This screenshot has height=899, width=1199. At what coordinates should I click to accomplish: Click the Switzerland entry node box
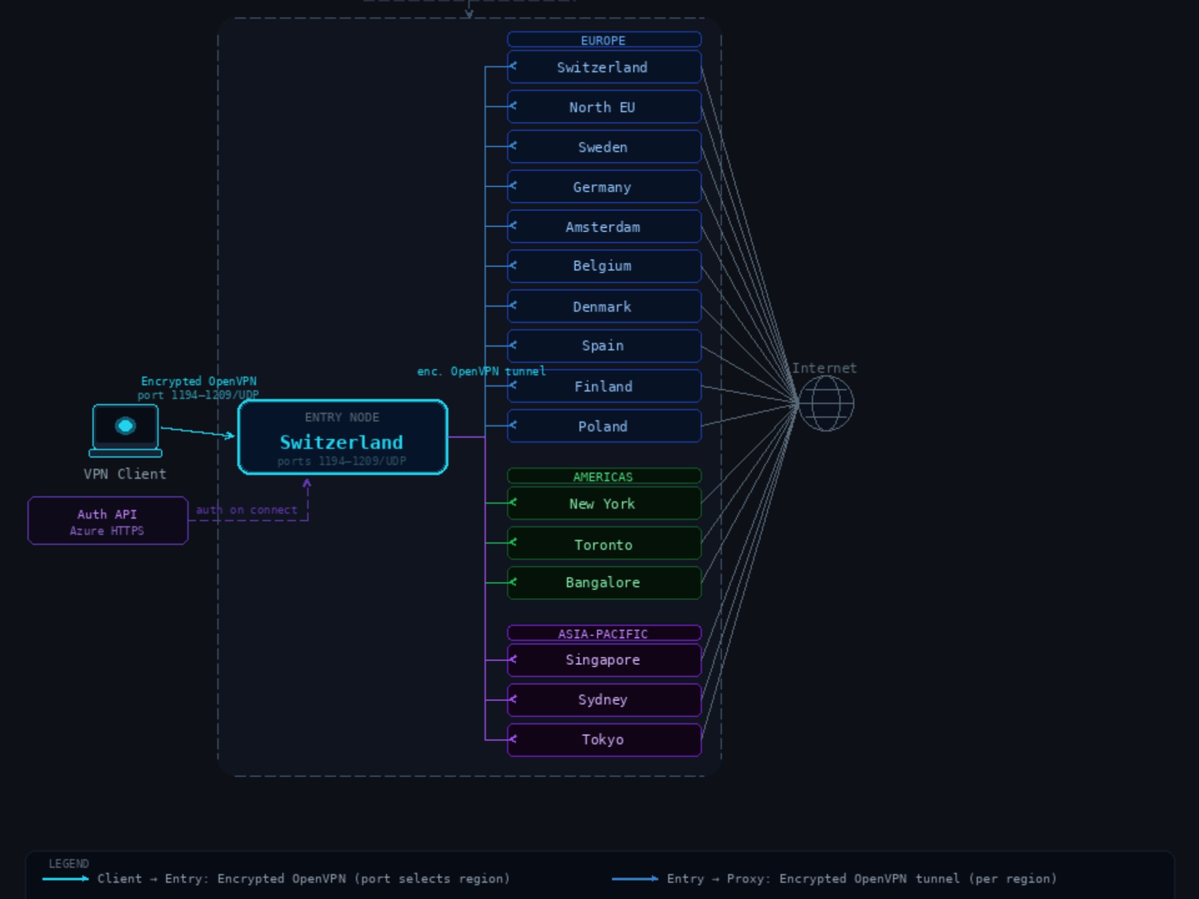pyautogui.click(x=342, y=437)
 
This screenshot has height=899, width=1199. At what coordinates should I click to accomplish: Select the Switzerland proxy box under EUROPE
pyautogui.click(x=603, y=67)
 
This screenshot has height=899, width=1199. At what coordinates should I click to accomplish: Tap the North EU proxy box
pyautogui.click(x=603, y=107)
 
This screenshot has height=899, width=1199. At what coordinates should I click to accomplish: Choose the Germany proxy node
pyautogui.click(x=603, y=187)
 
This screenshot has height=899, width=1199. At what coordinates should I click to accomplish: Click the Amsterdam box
pyautogui.click(x=603, y=227)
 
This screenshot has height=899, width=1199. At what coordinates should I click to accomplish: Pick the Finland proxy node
pyautogui.click(x=603, y=386)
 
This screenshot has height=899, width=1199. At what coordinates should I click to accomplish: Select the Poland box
pyautogui.click(x=603, y=426)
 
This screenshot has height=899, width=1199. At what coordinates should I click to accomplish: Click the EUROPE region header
pyautogui.click(x=603, y=40)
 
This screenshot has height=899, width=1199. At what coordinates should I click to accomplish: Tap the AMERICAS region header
pyautogui.click(x=603, y=476)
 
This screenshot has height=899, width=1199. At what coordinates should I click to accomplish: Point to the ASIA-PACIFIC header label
pyautogui.click(x=603, y=634)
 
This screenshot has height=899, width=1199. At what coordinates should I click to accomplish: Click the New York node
pyautogui.click(x=603, y=503)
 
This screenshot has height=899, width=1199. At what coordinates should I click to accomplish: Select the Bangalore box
pyautogui.click(x=603, y=582)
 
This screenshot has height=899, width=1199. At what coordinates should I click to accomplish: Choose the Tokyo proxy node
pyautogui.click(x=603, y=740)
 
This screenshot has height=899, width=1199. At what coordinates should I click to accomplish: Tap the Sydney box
pyautogui.click(x=603, y=700)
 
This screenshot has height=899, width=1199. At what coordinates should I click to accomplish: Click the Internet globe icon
pyautogui.click(x=826, y=404)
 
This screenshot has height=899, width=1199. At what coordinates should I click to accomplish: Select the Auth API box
pyautogui.click(x=107, y=521)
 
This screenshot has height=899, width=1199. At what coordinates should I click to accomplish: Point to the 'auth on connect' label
pyautogui.click(x=247, y=510)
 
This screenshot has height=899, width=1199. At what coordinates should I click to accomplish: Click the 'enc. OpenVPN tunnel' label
pyautogui.click(x=481, y=371)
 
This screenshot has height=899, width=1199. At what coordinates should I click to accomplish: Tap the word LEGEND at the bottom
pyautogui.click(x=69, y=863)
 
